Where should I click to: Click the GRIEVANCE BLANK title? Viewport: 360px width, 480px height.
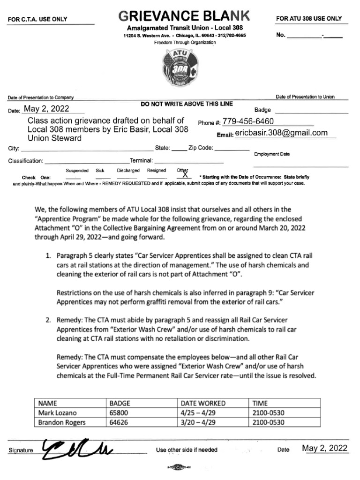tap(184, 16)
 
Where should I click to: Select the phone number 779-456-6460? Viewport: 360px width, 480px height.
tap(248, 122)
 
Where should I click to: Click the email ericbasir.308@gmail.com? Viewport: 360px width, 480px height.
tap(281, 133)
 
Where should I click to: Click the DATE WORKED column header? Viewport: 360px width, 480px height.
tap(203, 403)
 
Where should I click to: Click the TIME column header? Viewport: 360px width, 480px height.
tap(260, 403)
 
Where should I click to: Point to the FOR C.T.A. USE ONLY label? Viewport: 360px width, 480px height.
tap(37, 19)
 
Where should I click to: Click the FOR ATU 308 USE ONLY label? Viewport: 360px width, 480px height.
tap(309, 19)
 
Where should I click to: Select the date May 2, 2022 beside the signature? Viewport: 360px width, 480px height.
tap(325, 448)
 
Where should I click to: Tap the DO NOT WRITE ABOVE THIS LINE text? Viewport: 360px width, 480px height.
tap(187, 104)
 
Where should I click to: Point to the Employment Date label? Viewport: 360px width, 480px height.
tap(272, 154)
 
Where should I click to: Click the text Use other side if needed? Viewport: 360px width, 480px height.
tap(187, 450)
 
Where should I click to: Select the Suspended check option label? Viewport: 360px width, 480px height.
tap(77, 171)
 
